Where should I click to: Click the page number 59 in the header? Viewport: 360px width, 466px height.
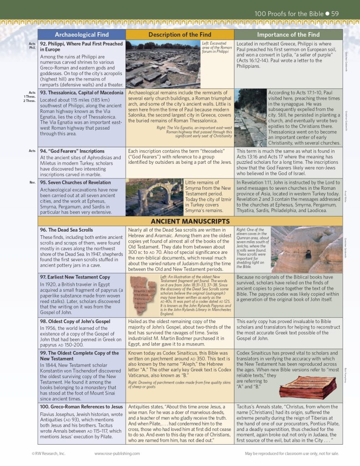(x=335, y=14)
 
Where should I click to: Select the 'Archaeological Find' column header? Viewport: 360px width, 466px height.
(x=81, y=35)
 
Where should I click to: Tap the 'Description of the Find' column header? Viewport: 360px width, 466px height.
(x=180, y=35)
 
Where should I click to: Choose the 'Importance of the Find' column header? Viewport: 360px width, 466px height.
(x=288, y=35)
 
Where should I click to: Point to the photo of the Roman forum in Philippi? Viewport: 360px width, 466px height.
(x=162, y=64)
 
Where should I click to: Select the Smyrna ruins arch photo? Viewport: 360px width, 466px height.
(x=154, y=197)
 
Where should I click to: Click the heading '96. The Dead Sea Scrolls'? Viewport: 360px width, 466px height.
(x=66, y=230)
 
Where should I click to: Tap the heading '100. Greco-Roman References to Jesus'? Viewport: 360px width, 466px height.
(x=81, y=406)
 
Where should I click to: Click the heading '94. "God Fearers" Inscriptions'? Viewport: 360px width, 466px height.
(x=72, y=151)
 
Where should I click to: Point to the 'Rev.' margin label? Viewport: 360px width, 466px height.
(x=32, y=182)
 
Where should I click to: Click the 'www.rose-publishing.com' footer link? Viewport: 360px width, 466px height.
(x=117, y=454)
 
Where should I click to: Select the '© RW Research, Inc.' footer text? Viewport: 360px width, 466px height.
(x=49, y=454)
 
